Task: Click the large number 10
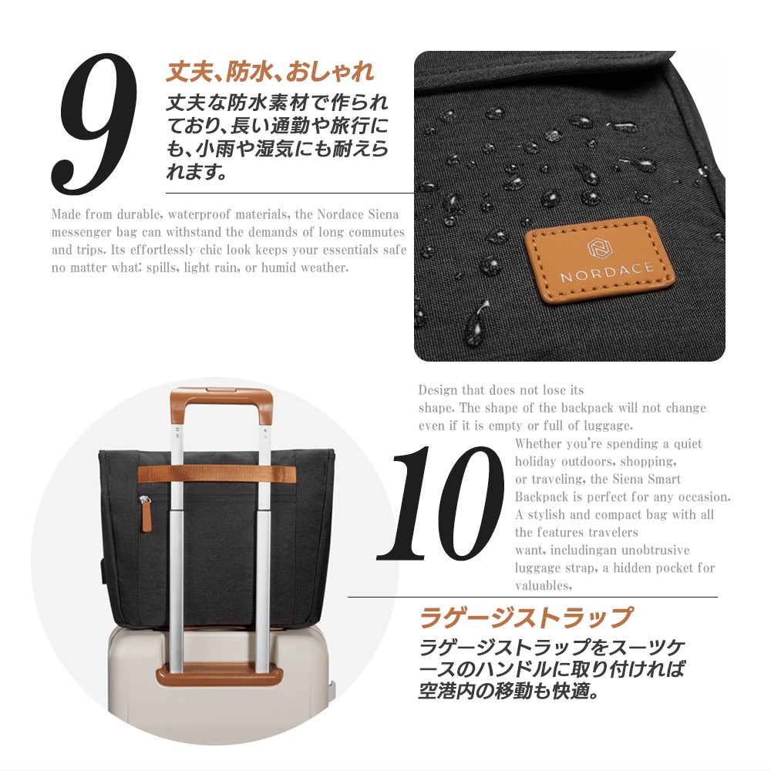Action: coord(440,503)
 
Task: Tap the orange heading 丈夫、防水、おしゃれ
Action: coord(270,71)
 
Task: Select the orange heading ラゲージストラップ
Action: coord(526,618)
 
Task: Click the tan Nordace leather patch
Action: coord(599,258)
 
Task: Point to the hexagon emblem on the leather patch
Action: coord(598,247)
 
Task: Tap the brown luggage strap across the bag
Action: coord(217,474)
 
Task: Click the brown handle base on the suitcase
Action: coord(219,676)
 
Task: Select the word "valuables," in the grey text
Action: coord(544,586)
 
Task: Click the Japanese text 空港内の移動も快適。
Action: coord(509,691)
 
